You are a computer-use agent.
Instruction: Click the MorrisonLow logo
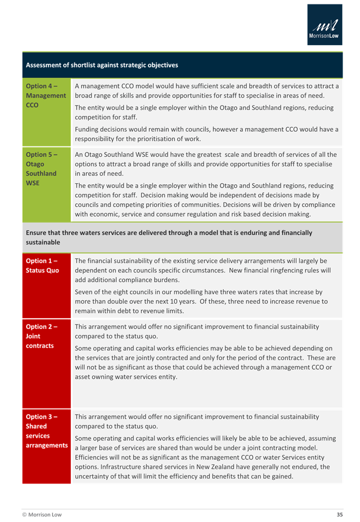pyautogui.click(x=325, y=25)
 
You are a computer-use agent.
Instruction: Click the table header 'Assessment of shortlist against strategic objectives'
pyautogui.click(x=102, y=65)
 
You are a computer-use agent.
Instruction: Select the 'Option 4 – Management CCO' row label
pyautogui.click(x=46, y=95)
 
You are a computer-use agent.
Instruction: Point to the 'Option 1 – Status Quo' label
pyautogui.click(x=42, y=266)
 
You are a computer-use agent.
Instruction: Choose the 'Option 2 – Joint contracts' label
pyautogui.click(x=40, y=336)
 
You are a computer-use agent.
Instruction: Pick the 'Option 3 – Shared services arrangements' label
pyautogui.click(x=46, y=431)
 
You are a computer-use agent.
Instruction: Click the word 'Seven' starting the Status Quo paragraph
pyautogui.click(x=85, y=292)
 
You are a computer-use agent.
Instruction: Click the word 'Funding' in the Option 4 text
pyautogui.click(x=88, y=130)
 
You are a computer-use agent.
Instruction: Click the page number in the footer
pyautogui.click(x=339, y=514)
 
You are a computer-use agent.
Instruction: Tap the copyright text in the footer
pyautogui.click(x=42, y=514)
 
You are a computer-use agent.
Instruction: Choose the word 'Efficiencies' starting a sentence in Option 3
pyautogui.click(x=93, y=457)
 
